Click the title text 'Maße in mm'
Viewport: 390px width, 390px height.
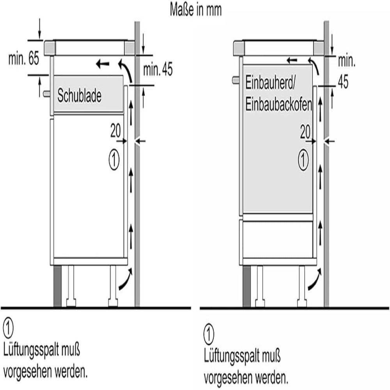coord(195,10)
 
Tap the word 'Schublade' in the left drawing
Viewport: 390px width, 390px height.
coord(79,96)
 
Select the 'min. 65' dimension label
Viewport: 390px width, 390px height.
coord(24,58)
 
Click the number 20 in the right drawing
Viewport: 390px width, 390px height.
coord(305,132)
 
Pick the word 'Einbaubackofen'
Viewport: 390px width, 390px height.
coord(278,105)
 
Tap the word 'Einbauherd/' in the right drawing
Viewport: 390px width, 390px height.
coord(270,83)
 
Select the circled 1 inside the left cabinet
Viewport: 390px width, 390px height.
coord(114,160)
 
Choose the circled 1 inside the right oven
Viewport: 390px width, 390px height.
coord(303,160)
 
